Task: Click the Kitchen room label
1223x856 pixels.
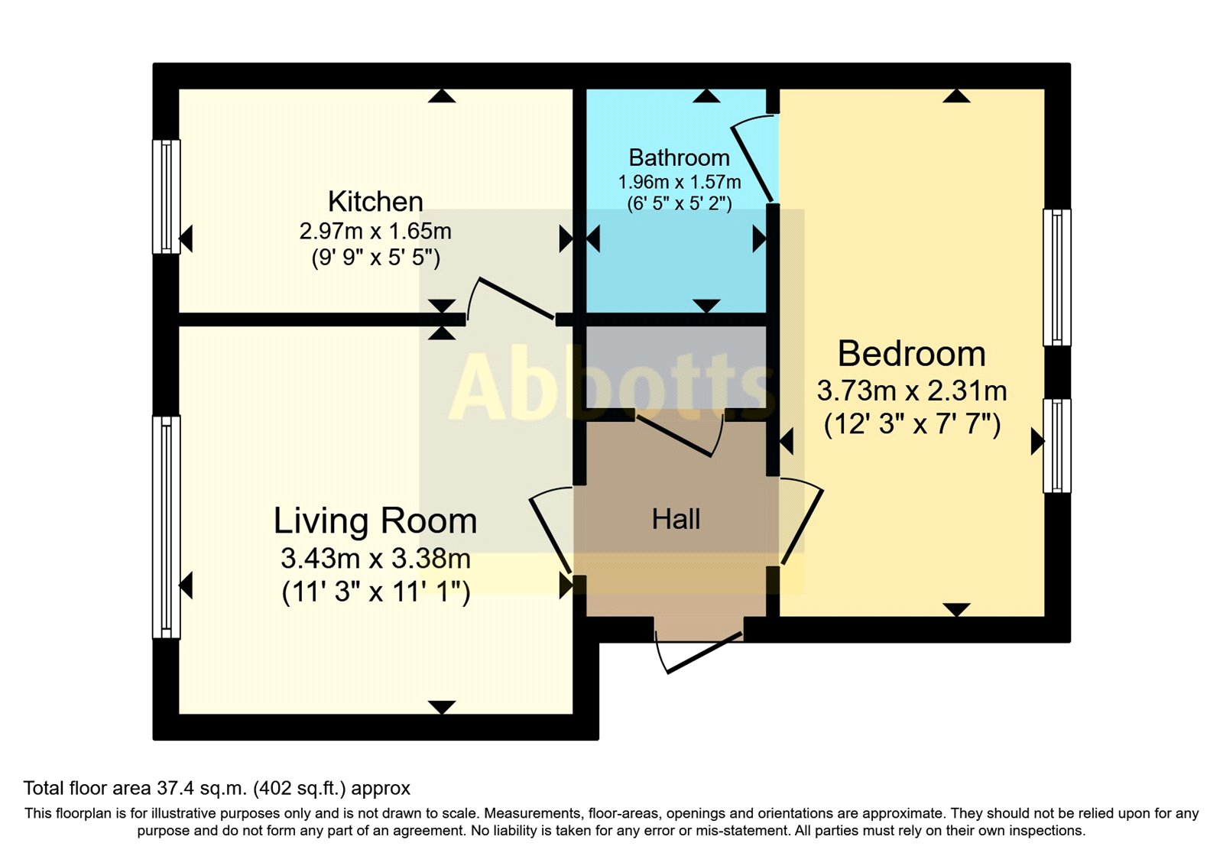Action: coord(375,202)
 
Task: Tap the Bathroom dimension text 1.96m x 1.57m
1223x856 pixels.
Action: coord(679,183)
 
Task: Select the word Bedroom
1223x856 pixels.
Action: coord(911,354)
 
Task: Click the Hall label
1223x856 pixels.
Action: coord(676,520)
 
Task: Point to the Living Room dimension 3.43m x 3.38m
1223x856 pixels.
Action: coord(375,559)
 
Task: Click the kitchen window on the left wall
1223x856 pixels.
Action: coord(166,196)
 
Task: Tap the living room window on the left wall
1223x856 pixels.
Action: coord(166,527)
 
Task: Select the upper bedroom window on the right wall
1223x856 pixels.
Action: coord(1056,277)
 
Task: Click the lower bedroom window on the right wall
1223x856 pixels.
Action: coord(1056,445)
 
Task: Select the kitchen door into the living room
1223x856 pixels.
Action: coord(511,299)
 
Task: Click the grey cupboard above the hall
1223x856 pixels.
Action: coord(676,367)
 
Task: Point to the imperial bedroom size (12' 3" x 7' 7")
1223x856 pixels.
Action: coord(911,423)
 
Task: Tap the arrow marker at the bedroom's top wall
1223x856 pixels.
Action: coord(955,96)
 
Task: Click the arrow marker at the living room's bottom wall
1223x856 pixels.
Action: coord(442,707)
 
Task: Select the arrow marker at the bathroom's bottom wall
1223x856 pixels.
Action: coord(706,306)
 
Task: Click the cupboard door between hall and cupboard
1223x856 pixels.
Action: coord(678,436)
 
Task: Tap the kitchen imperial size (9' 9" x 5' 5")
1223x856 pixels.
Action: coord(375,258)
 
